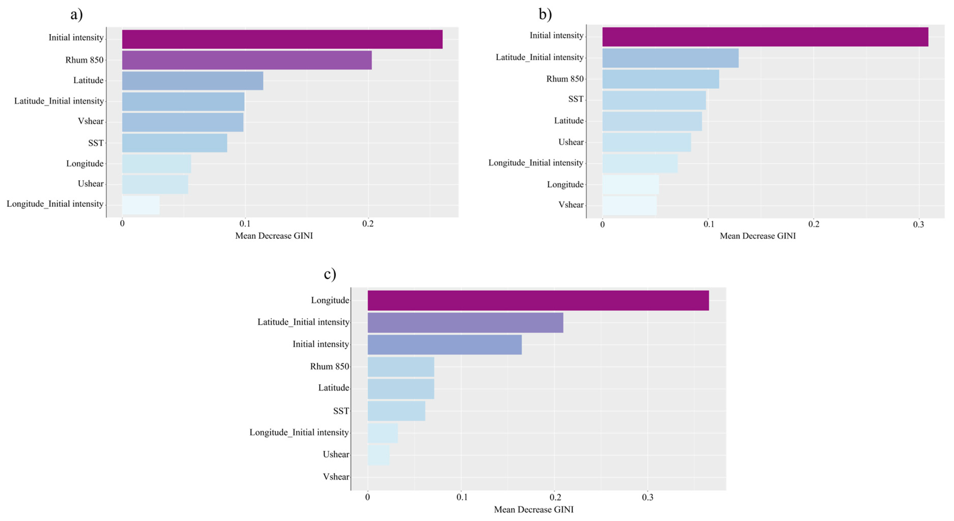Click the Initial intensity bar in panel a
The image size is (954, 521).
coord(282,39)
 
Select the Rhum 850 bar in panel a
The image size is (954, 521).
coord(247,60)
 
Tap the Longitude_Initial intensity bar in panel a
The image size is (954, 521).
coord(141,205)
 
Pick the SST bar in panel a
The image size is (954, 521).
coord(174,143)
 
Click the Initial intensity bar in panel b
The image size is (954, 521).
coord(765,37)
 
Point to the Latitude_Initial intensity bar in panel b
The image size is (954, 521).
coord(670,58)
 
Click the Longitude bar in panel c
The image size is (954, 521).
coord(538,301)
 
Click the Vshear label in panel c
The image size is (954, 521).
coord(336,477)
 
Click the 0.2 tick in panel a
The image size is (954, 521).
coord(368,224)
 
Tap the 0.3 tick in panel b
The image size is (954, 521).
coord(918,225)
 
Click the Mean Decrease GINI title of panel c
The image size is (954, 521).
coord(534,510)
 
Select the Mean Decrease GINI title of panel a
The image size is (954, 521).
coord(274,236)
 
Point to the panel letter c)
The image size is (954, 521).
coord(330,274)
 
